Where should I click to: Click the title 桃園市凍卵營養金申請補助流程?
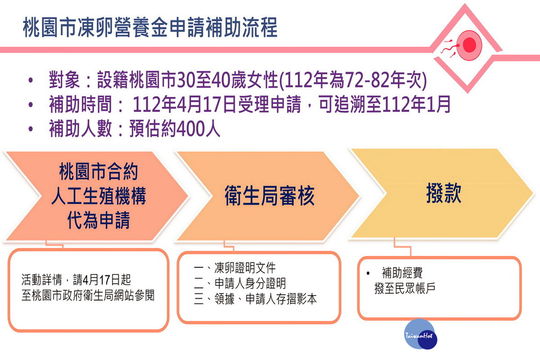[x=150, y=27]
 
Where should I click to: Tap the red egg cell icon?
[x=468, y=45]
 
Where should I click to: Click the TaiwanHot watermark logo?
[x=420, y=334]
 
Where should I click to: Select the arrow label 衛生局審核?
[x=270, y=196]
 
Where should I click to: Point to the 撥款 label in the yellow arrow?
[x=444, y=193]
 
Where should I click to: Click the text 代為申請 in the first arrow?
[x=99, y=220]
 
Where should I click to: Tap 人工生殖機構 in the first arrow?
[x=99, y=196]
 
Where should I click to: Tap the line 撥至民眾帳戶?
[x=405, y=288]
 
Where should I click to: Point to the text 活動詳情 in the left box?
[x=42, y=280]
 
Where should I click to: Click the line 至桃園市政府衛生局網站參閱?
[x=88, y=296]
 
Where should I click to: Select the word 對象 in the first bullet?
[x=64, y=80]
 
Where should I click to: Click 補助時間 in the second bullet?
[x=81, y=104]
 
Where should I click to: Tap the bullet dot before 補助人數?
[x=31, y=129]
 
